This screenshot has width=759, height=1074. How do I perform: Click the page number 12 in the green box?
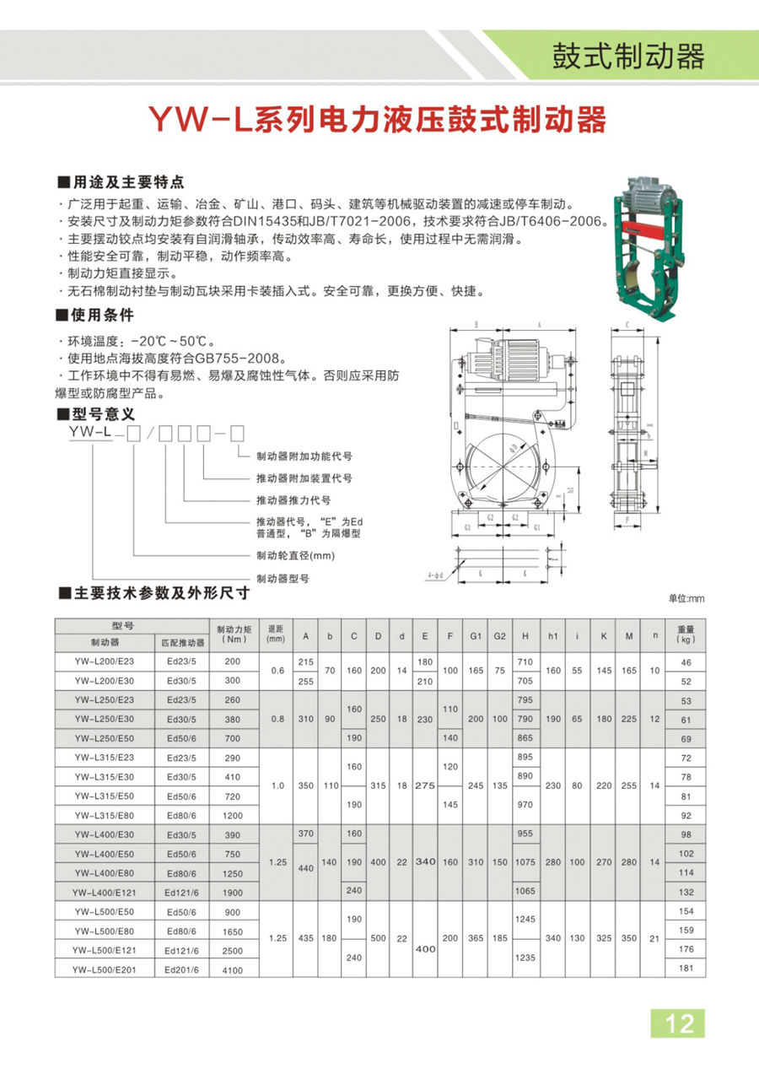tap(679, 1023)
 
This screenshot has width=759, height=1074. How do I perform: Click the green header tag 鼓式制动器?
tap(627, 57)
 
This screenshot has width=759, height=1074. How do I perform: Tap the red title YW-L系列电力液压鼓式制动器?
tap(378, 121)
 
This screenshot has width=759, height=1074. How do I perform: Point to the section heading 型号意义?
tap(100, 414)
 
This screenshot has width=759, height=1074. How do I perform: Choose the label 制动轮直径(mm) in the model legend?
tap(295, 556)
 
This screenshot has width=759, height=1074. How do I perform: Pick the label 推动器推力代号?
tap(293, 499)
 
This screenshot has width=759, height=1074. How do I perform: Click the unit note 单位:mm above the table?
tap(685, 598)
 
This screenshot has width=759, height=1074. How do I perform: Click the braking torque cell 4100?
tap(233, 970)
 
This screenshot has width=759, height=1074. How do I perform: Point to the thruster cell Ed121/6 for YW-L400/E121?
tap(181, 893)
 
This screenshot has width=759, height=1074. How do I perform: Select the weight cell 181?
tap(685, 969)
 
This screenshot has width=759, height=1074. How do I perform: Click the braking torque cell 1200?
tap(233, 816)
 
